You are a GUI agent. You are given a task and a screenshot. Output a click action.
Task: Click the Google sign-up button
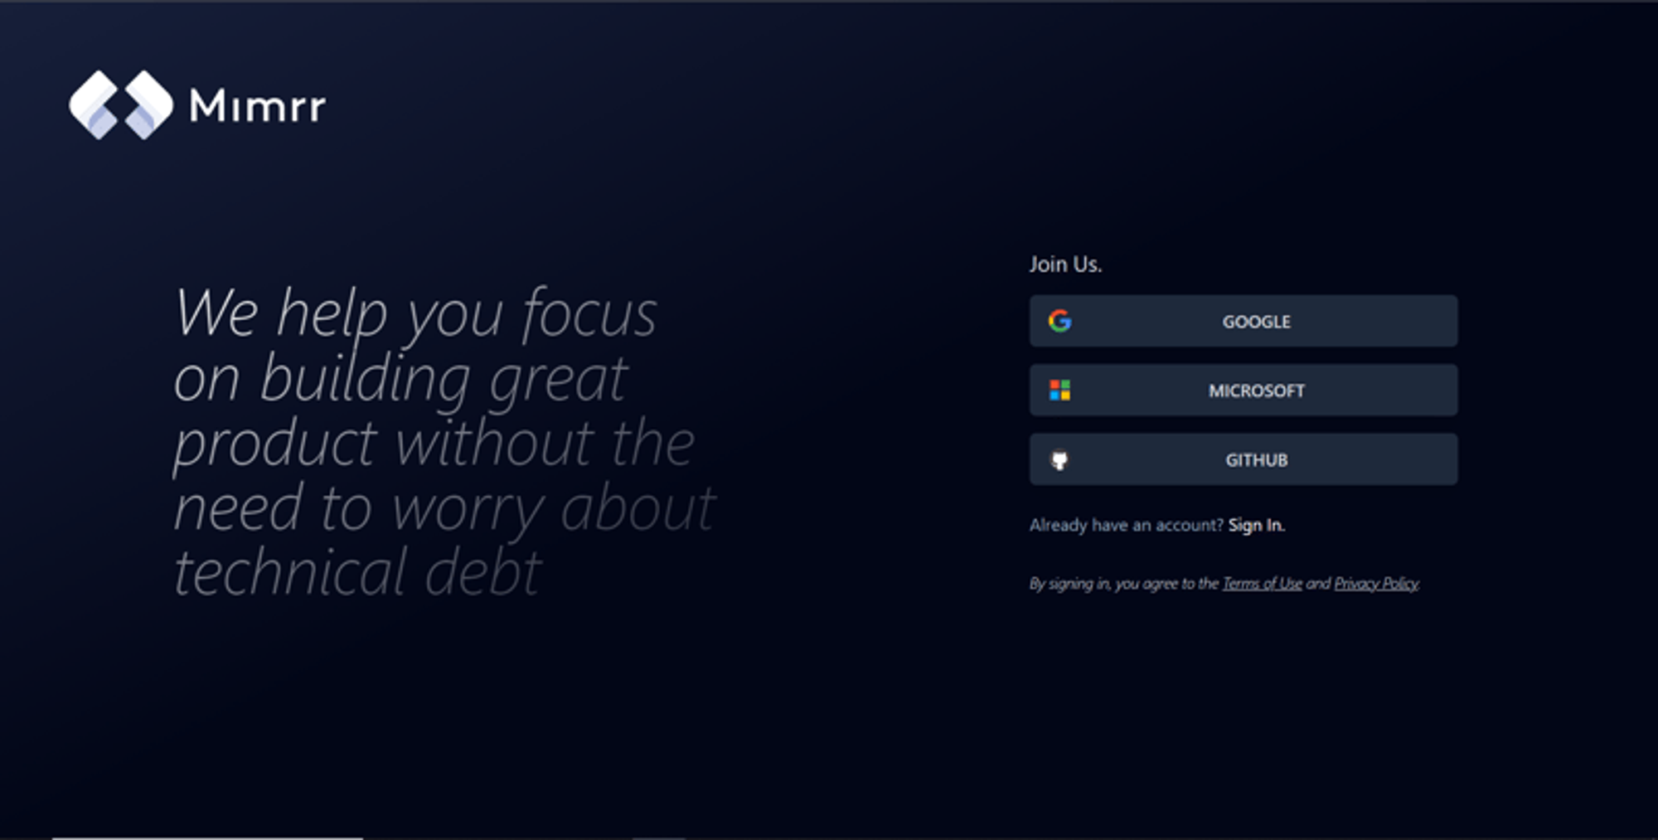pyautogui.click(x=1243, y=321)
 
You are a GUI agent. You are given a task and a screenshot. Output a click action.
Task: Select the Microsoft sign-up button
pyautogui.click(x=1243, y=390)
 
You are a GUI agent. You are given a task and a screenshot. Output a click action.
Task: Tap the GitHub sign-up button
pyautogui.click(x=1243, y=459)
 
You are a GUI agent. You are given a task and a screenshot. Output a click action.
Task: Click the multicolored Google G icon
pyautogui.click(x=1059, y=321)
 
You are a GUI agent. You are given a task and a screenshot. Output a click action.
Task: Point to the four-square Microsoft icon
pyautogui.click(x=1059, y=390)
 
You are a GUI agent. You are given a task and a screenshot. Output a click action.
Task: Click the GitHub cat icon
pyautogui.click(x=1059, y=460)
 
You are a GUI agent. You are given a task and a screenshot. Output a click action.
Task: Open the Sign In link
pyautogui.click(x=1256, y=525)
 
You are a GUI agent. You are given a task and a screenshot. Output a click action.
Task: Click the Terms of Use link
pyautogui.click(x=1262, y=584)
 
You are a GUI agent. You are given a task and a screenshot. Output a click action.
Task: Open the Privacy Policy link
pyautogui.click(x=1376, y=584)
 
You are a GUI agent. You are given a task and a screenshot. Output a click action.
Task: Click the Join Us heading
pyautogui.click(x=1065, y=265)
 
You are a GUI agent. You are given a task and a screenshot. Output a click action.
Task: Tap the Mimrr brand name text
pyautogui.click(x=257, y=106)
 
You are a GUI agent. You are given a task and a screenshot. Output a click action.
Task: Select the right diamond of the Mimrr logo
pyautogui.click(x=148, y=104)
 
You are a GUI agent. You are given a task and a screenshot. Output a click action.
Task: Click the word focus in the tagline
pyautogui.click(x=589, y=313)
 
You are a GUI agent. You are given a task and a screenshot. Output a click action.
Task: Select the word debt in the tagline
pyautogui.click(x=483, y=572)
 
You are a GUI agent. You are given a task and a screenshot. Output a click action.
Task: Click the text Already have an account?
pyautogui.click(x=1127, y=525)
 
